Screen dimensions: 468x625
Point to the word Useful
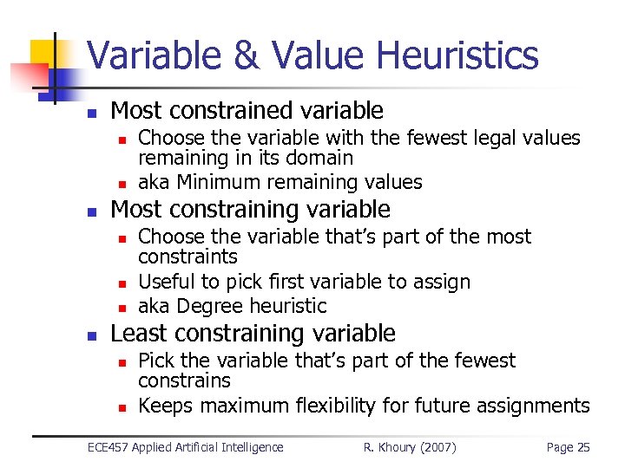click(165, 282)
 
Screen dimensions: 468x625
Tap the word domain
click(322, 158)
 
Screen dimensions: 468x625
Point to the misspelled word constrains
click(184, 381)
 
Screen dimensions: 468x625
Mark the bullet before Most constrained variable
click(92, 112)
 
